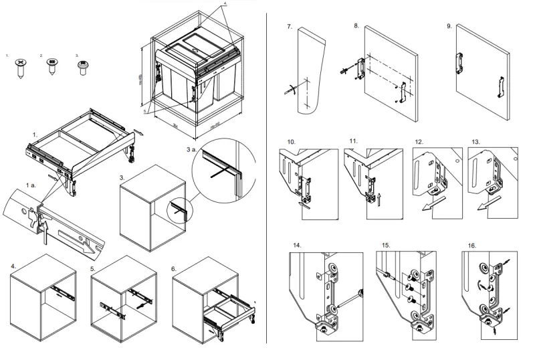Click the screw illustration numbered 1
coord(21,66)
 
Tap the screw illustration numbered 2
coord(50,67)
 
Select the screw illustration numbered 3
coord(83,66)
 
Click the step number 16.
coord(473,246)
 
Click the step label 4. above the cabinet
coord(13,266)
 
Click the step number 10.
coord(292,143)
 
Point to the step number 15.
coord(385,246)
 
